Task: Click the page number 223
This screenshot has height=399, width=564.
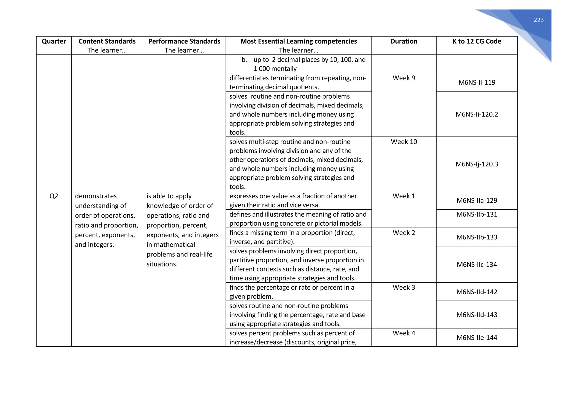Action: point(538,20)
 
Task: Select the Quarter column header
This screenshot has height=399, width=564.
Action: point(54,41)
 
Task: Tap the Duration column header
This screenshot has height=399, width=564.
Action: point(404,41)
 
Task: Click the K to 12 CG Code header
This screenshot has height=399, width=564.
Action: point(477,41)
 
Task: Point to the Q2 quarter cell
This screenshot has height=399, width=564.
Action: point(54,196)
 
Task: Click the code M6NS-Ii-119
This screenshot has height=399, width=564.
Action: point(477,82)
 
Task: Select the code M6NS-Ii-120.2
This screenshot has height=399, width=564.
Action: point(477,114)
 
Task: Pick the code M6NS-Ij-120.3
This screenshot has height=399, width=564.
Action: point(477,164)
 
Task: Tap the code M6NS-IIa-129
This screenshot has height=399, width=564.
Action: point(477,200)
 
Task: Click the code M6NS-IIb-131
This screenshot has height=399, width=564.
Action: point(477,214)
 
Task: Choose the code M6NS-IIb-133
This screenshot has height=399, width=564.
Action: point(477,237)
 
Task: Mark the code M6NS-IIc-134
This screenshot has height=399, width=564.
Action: point(477,265)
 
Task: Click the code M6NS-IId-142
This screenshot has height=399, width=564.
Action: point(477,292)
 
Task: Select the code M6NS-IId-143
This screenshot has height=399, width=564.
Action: point(477,315)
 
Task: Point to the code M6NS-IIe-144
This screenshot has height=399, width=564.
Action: point(477,338)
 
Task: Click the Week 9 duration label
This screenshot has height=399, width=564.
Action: point(404,78)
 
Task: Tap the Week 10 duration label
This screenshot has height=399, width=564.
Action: point(404,142)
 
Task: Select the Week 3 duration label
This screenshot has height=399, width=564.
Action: point(404,287)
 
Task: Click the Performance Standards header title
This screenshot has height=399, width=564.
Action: point(184,41)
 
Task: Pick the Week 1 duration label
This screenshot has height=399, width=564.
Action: point(404,196)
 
